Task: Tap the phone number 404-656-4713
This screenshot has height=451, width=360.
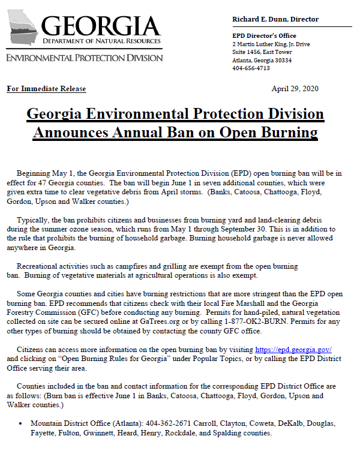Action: click(250, 68)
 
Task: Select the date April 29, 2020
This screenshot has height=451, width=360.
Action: click(295, 89)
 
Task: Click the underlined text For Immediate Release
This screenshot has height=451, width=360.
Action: click(46, 89)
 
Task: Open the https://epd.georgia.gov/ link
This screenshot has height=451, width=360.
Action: click(293, 349)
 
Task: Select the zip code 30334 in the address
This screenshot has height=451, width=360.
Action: click(280, 60)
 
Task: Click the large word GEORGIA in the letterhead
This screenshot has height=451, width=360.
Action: click(101, 26)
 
